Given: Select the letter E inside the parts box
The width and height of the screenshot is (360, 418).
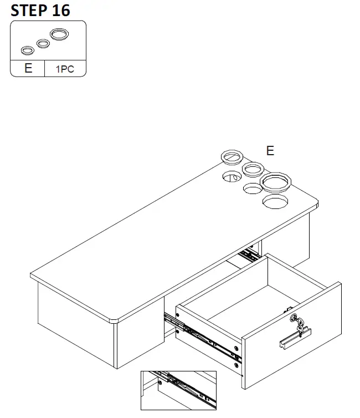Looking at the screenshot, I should click(28, 69).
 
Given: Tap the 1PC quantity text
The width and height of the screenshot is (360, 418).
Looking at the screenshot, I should click(64, 69).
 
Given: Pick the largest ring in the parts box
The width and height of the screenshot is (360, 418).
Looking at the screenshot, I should click(60, 34).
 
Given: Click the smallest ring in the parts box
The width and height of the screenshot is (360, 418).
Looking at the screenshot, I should click(27, 51).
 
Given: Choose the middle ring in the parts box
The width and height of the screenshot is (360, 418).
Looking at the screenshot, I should click(43, 43).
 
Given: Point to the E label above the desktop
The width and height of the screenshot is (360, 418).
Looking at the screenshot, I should click(270, 151).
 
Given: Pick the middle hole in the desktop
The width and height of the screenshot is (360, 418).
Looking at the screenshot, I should click(253, 189).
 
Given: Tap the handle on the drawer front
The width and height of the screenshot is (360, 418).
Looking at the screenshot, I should click(295, 338).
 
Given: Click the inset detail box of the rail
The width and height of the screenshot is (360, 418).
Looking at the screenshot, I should click(178, 390).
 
